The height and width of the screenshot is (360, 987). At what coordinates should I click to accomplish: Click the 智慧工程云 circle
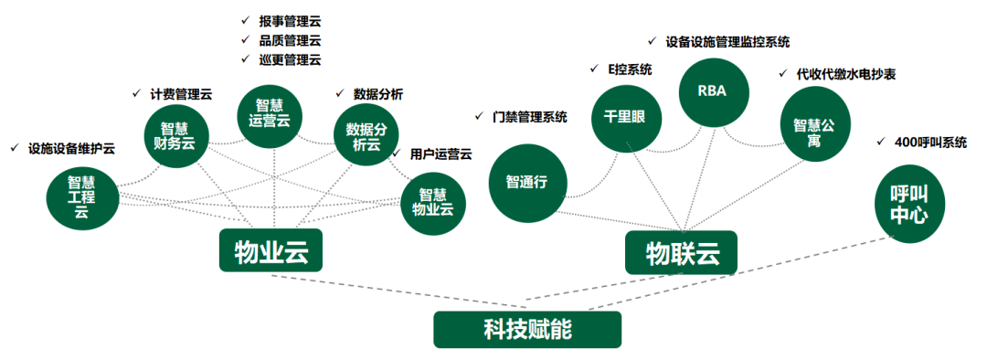[82, 196]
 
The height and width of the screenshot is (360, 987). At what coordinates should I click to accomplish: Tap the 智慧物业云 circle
[434, 201]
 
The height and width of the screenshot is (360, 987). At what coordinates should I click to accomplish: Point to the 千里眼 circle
[625, 118]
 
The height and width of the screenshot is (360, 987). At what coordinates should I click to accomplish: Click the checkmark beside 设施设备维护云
[13, 147]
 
